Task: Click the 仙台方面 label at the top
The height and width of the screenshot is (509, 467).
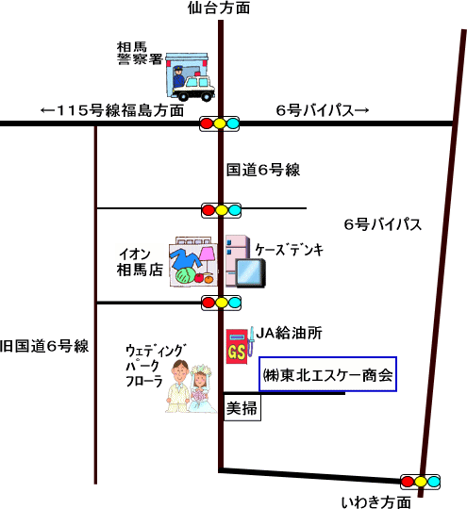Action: tap(219, 8)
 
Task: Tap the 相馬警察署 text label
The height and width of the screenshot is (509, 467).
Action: tap(140, 53)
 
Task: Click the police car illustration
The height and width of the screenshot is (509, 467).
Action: tap(193, 88)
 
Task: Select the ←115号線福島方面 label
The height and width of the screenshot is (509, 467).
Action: tap(112, 110)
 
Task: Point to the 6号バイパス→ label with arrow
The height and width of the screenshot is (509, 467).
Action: tap(323, 110)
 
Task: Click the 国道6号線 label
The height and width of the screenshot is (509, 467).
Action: tap(263, 170)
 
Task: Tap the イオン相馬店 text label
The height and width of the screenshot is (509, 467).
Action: tap(140, 262)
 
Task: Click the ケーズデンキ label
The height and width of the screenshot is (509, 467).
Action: tap(290, 250)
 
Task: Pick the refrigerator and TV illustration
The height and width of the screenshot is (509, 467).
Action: tap(245, 262)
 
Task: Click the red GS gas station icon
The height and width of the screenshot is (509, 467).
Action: tap(237, 346)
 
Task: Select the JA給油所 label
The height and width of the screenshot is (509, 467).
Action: tap(289, 333)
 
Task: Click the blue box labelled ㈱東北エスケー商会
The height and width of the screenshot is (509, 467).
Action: tap(328, 374)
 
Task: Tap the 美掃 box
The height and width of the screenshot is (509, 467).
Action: tap(242, 408)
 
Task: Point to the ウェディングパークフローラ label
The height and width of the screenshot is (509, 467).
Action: tap(156, 366)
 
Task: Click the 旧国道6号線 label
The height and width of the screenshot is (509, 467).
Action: tap(44, 346)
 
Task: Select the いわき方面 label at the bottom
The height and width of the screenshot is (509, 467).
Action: tap(375, 501)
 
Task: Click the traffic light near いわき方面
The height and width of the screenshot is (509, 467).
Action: tap(420, 482)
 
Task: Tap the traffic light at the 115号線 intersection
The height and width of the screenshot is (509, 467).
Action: tap(220, 123)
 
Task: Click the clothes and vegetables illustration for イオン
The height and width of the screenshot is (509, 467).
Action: tap(193, 262)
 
